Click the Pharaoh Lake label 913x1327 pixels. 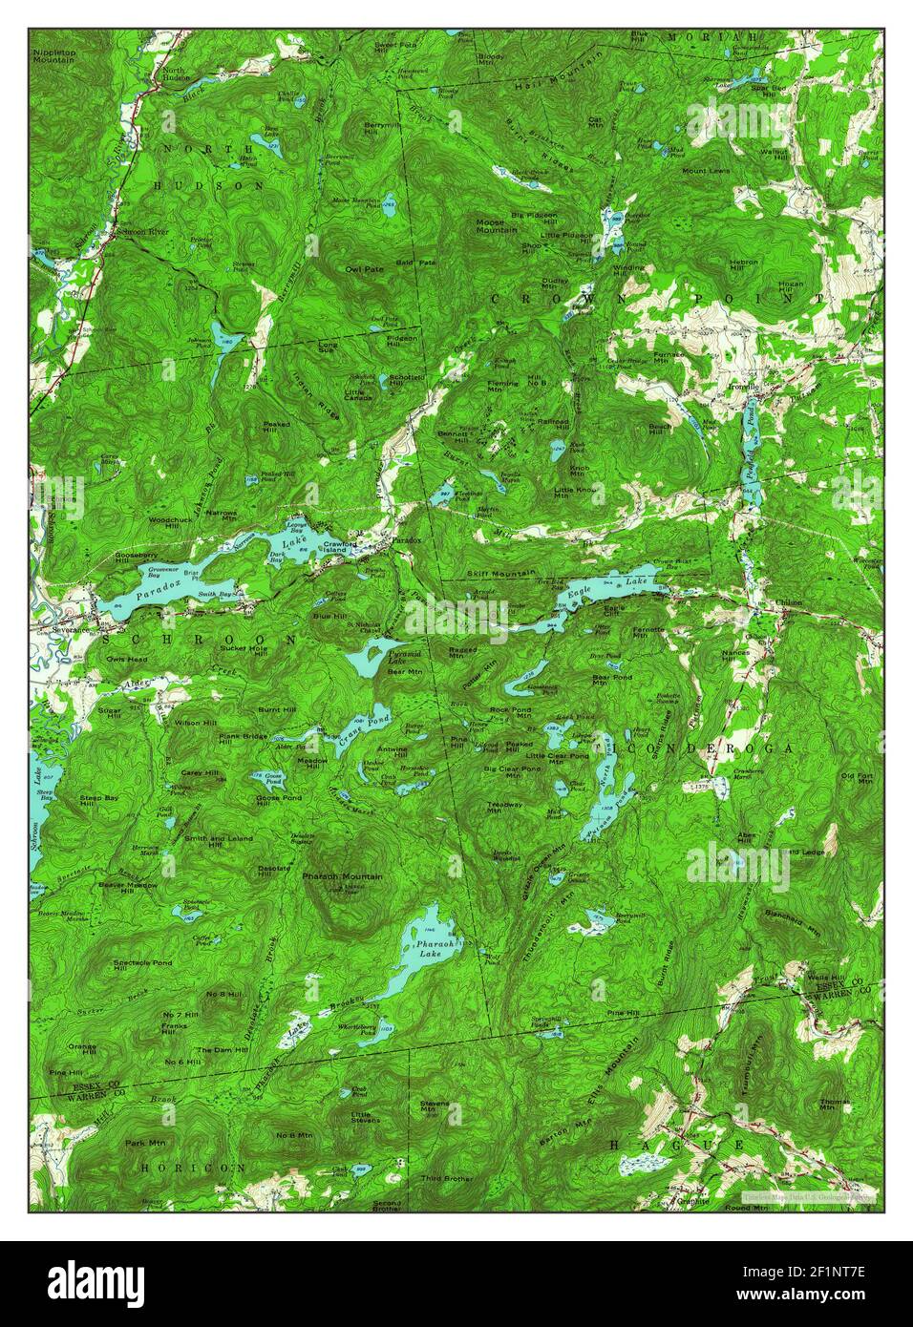pos(422,946)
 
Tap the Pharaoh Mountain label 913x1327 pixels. pos(342,875)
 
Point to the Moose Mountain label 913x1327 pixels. pos(497,226)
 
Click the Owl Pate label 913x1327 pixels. pos(365,269)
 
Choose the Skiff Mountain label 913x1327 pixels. pos(500,573)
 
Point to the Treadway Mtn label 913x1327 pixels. pos(504,808)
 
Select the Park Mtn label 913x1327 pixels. pos(139,1142)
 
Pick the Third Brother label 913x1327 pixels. pos(446,1178)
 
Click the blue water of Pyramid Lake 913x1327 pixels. pos(368,659)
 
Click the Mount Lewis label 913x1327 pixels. pos(706,171)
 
